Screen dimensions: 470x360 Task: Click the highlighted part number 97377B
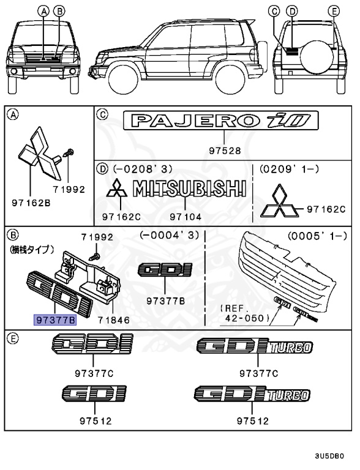coord(54,320)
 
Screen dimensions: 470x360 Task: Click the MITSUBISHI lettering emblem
coord(189,188)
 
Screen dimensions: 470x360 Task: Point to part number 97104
coord(185,216)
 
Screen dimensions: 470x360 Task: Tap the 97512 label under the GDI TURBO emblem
coord(253,421)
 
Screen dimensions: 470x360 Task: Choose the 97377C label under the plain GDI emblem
coord(91,373)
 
